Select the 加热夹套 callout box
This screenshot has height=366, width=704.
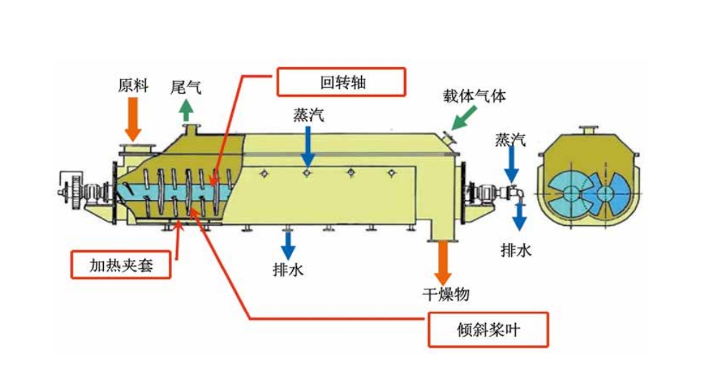121,264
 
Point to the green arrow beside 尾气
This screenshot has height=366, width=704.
186,109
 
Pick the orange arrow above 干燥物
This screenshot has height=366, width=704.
443,262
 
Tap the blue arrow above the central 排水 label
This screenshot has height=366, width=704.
288,244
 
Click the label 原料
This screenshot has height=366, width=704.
132,86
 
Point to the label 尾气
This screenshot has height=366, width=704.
185,87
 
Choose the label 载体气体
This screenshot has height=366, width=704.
473,94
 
